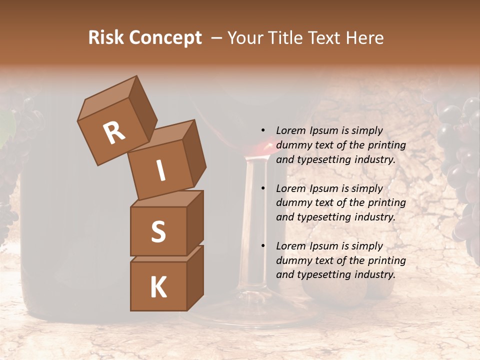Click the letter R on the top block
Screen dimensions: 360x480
click(x=114, y=133)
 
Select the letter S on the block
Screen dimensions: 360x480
click(x=158, y=231)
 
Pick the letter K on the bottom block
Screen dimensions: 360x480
click(x=158, y=287)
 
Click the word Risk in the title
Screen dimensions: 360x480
click(x=105, y=38)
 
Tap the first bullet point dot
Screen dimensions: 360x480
click(x=263, y=131)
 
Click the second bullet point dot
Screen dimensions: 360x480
click(x=263, y=188)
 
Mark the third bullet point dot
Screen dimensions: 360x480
click(x=263, y=246)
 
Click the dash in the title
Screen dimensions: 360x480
click(x=216, y=38)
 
